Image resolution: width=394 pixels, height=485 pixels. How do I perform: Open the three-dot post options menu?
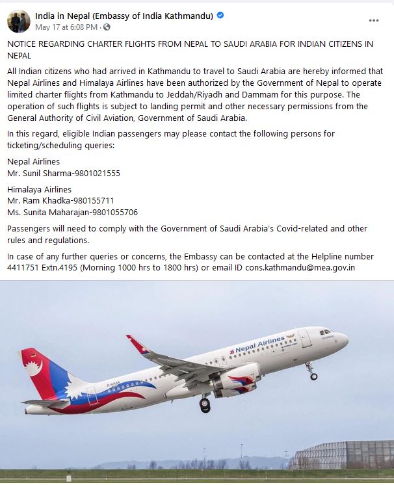tap(374, 21)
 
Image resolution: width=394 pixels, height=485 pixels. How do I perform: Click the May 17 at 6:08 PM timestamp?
tap(66, 27)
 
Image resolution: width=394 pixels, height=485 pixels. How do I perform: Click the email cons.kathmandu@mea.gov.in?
tap(300, 268)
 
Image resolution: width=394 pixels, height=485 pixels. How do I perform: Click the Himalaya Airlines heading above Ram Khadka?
tap(39, 190)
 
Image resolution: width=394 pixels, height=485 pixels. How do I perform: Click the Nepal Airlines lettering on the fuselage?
tap(260, 344)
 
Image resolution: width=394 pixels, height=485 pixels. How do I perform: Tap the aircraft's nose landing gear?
tap(312, 373)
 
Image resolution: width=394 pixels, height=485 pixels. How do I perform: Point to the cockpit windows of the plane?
tap(325, 332)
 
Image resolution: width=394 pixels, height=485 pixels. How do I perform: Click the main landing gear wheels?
tap(205, 404)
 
